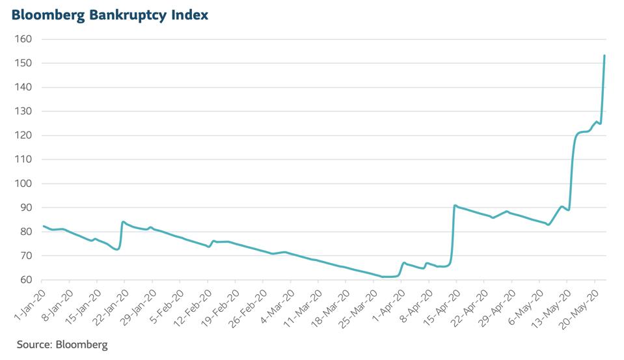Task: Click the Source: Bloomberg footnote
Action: [x=62, y=344]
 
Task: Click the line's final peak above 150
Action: [x=604, y=56]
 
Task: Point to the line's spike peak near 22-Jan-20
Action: [x=123, y=222]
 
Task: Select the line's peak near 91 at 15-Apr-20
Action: [x=455, y=206]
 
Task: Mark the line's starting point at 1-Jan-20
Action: [x=44, y=226]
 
